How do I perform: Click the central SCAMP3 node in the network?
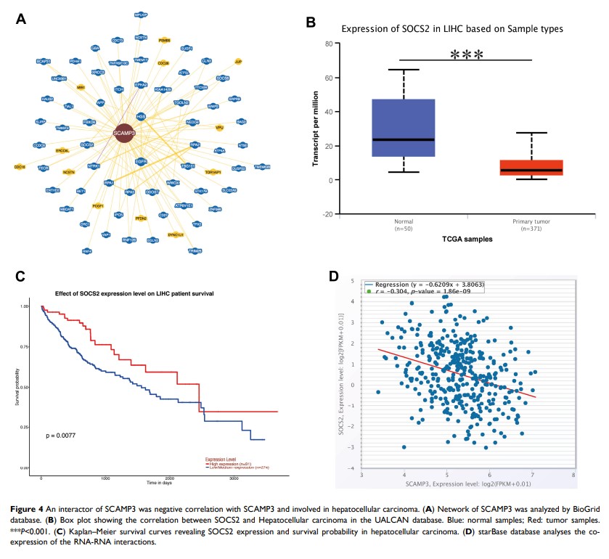(x=125, y=133)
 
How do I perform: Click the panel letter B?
(x=310, y=23)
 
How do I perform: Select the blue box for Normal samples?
(x=403, y=128)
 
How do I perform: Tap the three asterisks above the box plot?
(x=466, y=54)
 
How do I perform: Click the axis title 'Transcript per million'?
(x=317, y=129)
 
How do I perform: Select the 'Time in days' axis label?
(x=154, y=482)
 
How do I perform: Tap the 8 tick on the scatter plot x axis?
(x=574, y=476)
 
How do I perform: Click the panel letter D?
(x=333, y=277)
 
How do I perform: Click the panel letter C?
(x=20, y=276)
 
